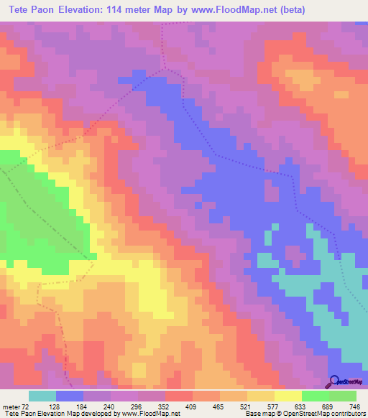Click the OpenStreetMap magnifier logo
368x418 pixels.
point(334,381)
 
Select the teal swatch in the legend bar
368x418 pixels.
point(42,396)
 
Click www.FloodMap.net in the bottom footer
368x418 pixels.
point(151,414)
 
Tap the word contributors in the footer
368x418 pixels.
point(348,414)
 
